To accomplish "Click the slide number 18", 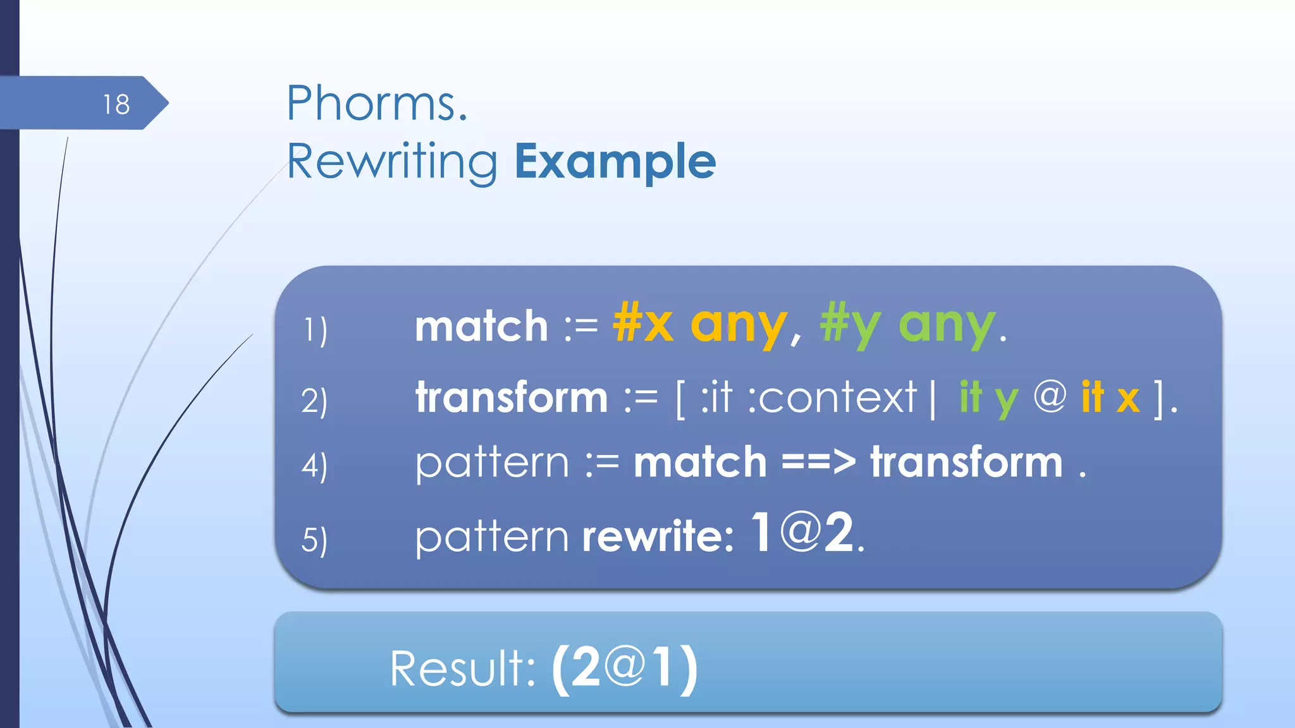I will click(x=116, y=104).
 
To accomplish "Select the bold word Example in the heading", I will click(x=615, y=162).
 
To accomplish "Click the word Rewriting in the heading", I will click(x=392, y=162).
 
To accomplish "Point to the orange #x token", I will click(x=643, y=324).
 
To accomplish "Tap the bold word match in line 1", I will click(x=481, y=327).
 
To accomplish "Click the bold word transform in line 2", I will click(x=512, y=397).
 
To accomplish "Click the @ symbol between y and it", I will click(x=1050, y=397).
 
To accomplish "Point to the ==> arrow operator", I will click(x=818, y=462).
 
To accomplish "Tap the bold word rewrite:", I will click(x=658, y=537).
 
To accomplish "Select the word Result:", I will click(x=462, y=669).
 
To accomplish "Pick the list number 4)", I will click(x=314, y=466).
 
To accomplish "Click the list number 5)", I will click(x=314, y=540).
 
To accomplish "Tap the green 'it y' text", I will click(x=988, y=399).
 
